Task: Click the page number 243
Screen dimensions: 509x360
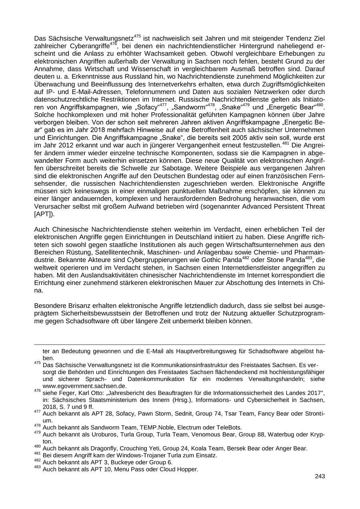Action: (320, 476)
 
